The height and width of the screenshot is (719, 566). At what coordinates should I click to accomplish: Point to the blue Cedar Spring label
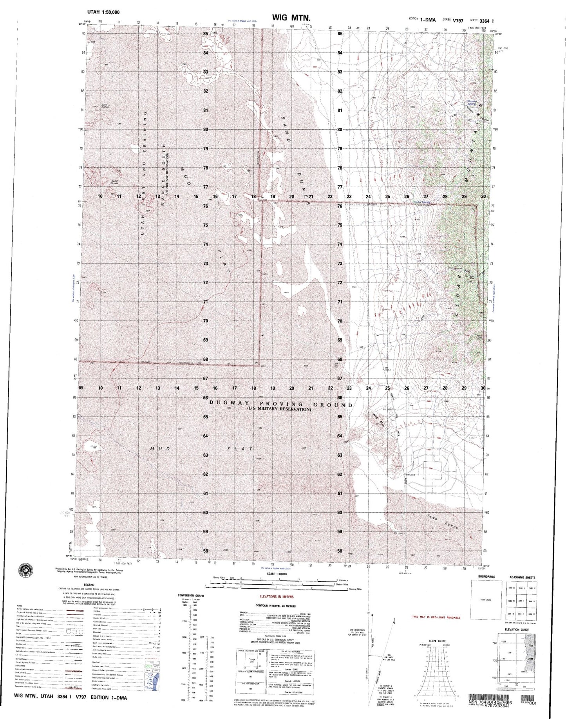[422, 202]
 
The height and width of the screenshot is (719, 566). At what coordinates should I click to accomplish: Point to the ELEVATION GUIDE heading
[515, 640]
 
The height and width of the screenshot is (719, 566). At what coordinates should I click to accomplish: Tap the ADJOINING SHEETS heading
[522, 577]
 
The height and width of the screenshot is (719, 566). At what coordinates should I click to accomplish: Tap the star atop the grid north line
[369, 611]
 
